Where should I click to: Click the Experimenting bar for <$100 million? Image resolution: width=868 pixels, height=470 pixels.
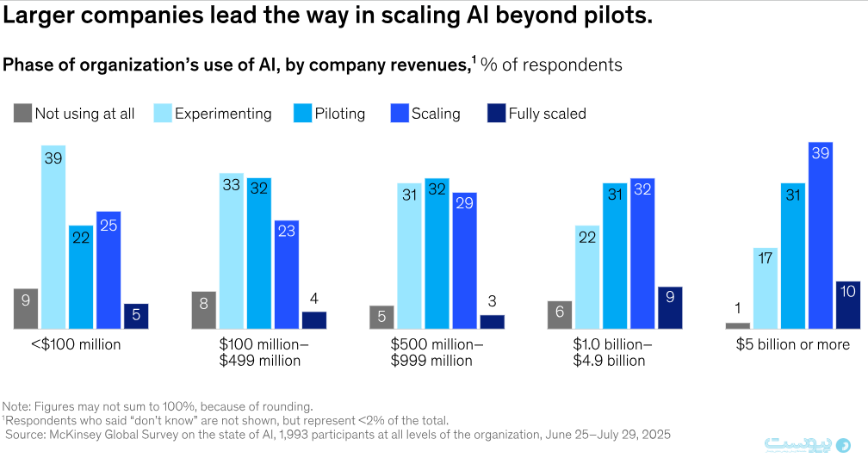coord(53,237)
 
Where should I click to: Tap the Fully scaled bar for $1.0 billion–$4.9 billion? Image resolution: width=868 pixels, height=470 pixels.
coord(670,307)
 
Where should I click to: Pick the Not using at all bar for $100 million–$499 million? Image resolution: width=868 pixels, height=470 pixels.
coord(204,310)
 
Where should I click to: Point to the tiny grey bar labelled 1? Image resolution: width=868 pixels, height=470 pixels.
coord(738,325)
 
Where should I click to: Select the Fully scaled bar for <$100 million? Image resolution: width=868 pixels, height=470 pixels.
coord(136,316)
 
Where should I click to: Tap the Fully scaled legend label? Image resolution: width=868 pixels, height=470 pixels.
coord(547,114)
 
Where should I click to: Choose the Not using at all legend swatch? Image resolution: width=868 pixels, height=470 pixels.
coord(22,113)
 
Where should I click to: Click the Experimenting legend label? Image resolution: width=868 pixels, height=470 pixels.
coord(223,114)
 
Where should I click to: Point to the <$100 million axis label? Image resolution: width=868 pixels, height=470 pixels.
coord(76,344)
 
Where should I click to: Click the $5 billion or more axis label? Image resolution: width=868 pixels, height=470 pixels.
coord(792,344)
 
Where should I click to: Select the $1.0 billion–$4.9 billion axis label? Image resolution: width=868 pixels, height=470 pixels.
coord(613,352)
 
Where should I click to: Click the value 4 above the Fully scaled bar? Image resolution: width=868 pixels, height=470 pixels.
coord(314,299)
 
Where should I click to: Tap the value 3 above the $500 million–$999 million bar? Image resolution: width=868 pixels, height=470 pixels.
coord(493,302)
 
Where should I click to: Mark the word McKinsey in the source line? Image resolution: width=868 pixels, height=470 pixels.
coord(77,435)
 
